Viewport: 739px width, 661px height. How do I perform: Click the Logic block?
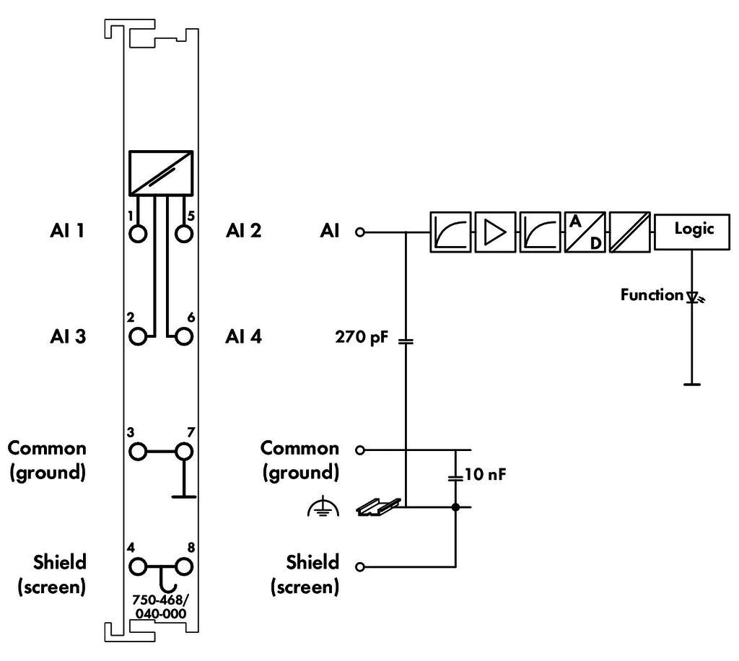click(x=692, y=232)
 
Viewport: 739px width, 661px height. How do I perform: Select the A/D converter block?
click(x=585, y=232)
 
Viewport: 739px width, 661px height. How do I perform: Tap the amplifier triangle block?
click(x=495, y=232)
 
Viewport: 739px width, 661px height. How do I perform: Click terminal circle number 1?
click(x=138, y=233)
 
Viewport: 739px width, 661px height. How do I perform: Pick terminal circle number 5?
click(x=184, y=233)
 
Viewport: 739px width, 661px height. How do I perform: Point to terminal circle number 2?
click(x=138, y=336)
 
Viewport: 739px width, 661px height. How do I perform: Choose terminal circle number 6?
click(x=184, y=336)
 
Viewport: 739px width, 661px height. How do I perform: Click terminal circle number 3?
click(x=138, y=451)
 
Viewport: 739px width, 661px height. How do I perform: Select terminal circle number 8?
click(x=184, y=566)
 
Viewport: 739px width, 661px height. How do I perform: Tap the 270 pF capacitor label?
click(x=362, y=337)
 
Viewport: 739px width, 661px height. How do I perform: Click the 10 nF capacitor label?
click(x=485, y=474)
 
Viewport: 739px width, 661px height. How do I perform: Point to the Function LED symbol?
click(x=694, y=297)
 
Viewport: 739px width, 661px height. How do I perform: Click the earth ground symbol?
click(x=323, y=507)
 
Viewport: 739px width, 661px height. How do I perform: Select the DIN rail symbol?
click(x=378, y=507)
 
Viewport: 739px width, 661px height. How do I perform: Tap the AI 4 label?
click(x=243, y=336)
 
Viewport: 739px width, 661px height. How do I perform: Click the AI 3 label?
click(x=68, y=336)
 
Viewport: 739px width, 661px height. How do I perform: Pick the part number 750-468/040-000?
click(x=160, y=607)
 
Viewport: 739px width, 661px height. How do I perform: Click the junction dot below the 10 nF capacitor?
click(x=455, y=507)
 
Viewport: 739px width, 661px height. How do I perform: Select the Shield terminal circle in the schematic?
click(x=360, y=566)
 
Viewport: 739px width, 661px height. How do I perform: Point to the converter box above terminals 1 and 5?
click(x=161, y=173)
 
